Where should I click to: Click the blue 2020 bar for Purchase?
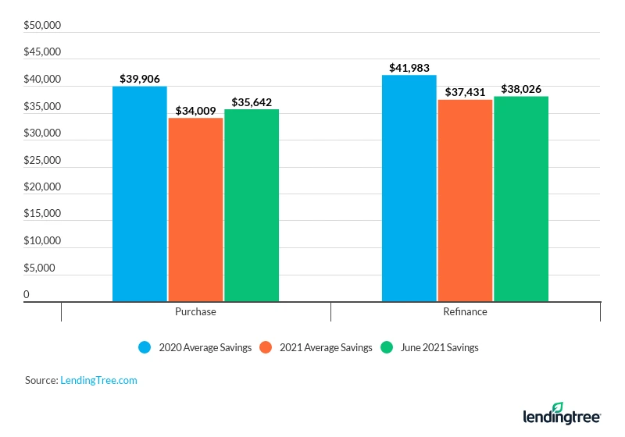140,194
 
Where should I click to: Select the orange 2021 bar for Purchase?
195,209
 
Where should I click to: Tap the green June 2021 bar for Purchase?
252,204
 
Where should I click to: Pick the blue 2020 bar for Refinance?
409,187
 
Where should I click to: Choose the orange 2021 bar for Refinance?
465,200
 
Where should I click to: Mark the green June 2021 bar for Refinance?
521,198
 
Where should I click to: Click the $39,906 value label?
140,79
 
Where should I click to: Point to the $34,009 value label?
195,110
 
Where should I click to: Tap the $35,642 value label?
252,102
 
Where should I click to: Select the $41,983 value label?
409,68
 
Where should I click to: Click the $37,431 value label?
465,92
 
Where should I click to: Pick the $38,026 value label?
521,89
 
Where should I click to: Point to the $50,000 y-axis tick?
42,26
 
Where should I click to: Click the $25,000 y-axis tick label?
42,160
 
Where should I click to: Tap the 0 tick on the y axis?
27,294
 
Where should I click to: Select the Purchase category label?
195,311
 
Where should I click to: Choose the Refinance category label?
465,311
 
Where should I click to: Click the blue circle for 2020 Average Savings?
145,347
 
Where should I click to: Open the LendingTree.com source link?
98,380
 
